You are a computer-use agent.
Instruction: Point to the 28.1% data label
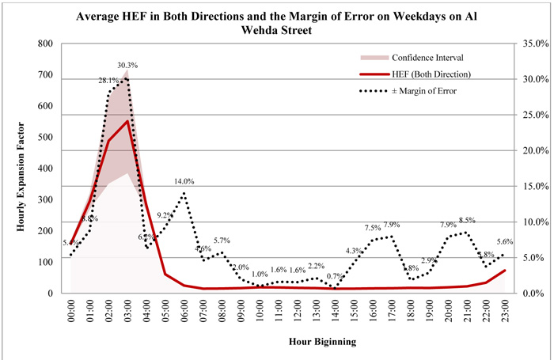tap(108, 80)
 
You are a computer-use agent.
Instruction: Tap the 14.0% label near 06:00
tap(184, 181)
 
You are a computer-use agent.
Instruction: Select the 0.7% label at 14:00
tap(335, 276)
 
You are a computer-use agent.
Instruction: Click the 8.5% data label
tap(467, 221)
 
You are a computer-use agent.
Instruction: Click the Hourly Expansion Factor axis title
tap(21, 168)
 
